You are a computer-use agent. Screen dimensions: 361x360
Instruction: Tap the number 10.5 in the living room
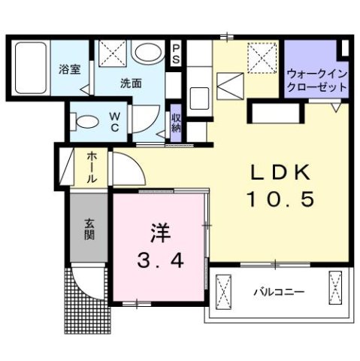pos(280,200)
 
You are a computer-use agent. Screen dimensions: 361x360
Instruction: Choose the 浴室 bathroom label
pos(70,70)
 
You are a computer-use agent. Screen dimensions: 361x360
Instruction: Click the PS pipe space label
pos(176,54)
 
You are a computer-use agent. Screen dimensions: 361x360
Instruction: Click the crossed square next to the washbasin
pos(114,53)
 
